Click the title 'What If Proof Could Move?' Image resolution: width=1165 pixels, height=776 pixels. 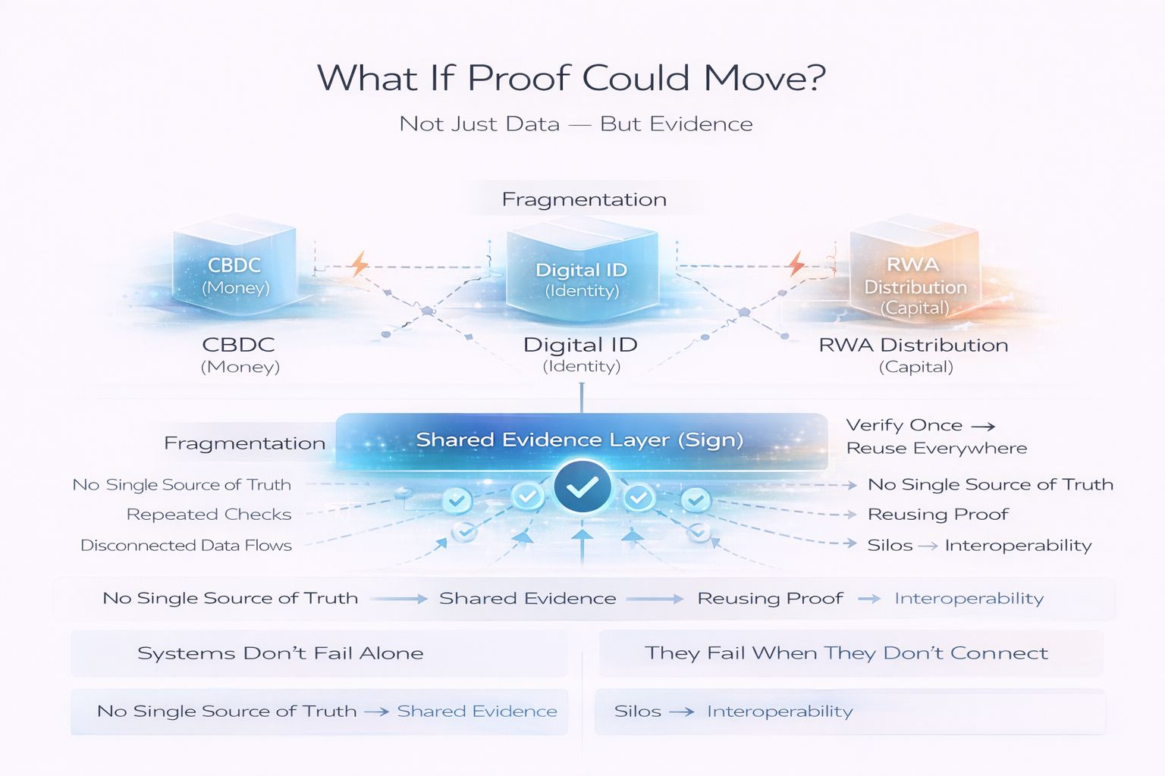coord(571,78)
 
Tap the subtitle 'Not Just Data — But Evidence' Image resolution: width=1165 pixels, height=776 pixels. coord(576,124)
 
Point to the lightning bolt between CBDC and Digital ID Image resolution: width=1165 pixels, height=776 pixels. coord(359,264)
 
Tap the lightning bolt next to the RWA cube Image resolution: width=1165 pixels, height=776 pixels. coord(796,264)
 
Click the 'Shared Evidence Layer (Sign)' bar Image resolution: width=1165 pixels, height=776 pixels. coord(580,440)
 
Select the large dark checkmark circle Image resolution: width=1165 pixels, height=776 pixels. coord(582,488)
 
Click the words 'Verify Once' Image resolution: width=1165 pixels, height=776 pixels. coord(904,425)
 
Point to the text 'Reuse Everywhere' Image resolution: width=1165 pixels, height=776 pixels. coord(937,449)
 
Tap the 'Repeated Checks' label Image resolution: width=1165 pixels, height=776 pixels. coord(209,515)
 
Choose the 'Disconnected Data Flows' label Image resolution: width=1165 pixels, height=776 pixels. coord(186,546)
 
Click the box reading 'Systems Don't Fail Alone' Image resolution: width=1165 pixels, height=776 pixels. coord(280,653)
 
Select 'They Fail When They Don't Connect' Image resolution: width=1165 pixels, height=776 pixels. coord(846,653)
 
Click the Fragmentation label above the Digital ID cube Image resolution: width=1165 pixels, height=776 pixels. coord(584,199)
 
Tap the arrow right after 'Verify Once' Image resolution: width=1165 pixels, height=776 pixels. coord(983,427)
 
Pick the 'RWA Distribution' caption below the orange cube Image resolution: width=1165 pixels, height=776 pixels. coord(913,346)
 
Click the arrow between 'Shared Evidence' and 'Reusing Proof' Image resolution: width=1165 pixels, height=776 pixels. coord(655,599)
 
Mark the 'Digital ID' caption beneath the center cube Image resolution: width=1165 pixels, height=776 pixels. coord(580,346)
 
